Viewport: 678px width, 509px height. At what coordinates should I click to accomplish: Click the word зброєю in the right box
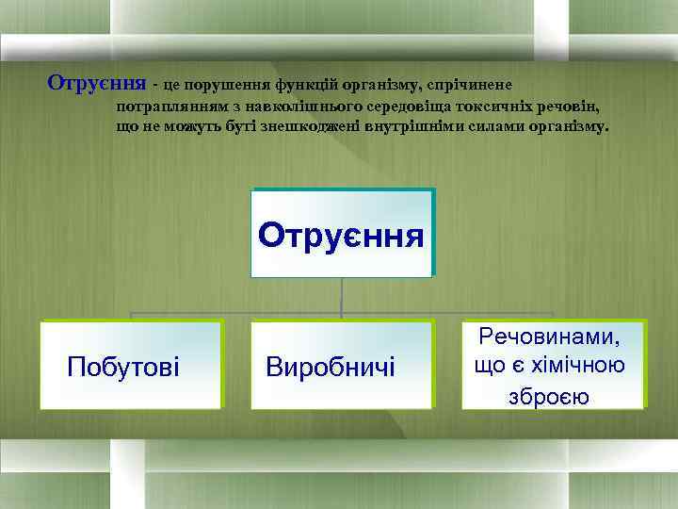549,396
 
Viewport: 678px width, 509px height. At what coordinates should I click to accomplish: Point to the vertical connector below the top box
341,295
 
